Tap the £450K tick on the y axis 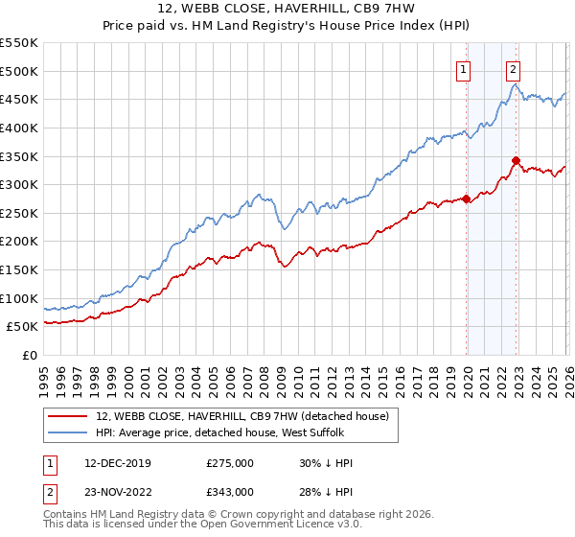19,100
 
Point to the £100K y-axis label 19,299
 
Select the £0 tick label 29,356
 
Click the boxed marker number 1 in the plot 464,68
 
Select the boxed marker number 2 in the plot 514,68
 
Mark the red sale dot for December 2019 467,199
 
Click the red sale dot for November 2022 516,160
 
